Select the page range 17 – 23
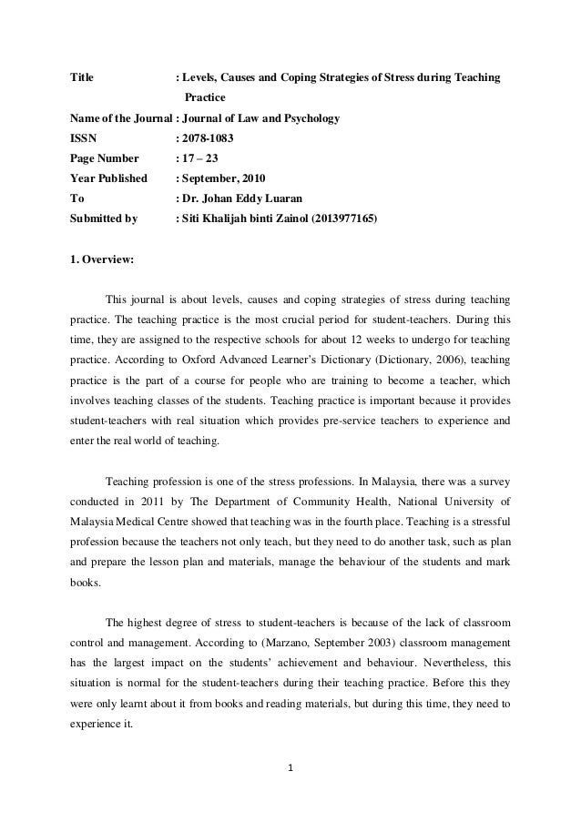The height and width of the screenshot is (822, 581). click(x=204, y=157)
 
